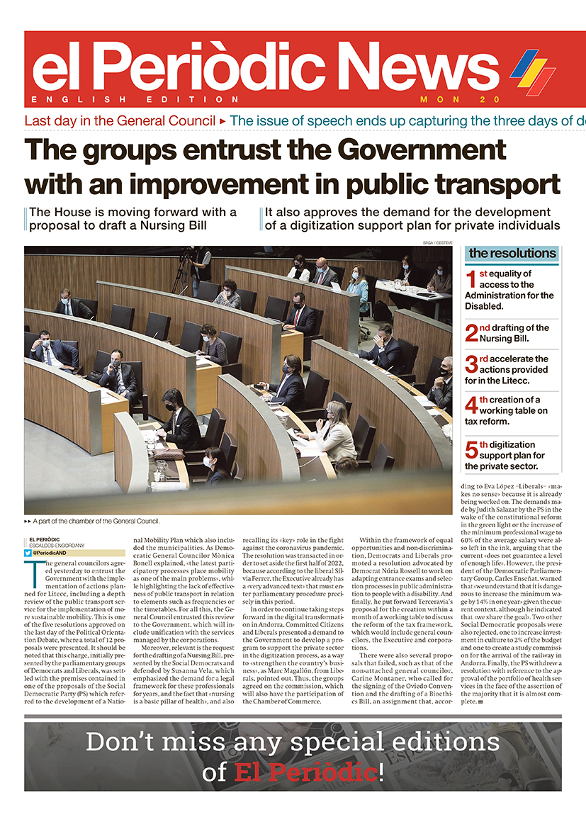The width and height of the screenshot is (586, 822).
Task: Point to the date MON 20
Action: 460,99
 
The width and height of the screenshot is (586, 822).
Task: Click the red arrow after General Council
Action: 223,121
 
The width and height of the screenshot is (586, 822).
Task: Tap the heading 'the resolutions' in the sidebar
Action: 512,253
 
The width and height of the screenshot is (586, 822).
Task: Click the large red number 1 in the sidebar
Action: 471,278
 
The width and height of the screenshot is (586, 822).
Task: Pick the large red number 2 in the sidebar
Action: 472,333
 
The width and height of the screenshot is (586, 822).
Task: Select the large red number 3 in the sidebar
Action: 472,364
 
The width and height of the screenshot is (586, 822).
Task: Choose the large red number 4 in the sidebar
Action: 472,405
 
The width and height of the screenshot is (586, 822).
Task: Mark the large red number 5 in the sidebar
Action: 472,450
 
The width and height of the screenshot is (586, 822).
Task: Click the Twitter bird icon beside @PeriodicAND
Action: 28,553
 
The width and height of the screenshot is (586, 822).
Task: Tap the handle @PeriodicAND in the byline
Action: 50,553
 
